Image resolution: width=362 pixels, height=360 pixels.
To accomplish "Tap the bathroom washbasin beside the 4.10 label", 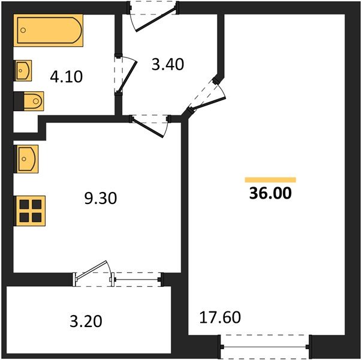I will (x=23, y=71).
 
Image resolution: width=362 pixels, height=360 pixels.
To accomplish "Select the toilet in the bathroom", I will (x=30, y=100).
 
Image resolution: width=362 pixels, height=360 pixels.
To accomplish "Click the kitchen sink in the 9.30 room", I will (x=27, y=158).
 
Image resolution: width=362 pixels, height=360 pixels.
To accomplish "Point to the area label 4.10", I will (x=66, y=77).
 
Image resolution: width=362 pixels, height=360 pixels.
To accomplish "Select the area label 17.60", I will (x=219, y=316).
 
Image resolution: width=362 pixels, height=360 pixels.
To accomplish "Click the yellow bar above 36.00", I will (x=270, y=179).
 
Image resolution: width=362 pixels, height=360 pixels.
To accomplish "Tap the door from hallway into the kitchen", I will (x=149, y=123).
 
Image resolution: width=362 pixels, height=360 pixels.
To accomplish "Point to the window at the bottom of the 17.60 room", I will (x=265, y=346).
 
